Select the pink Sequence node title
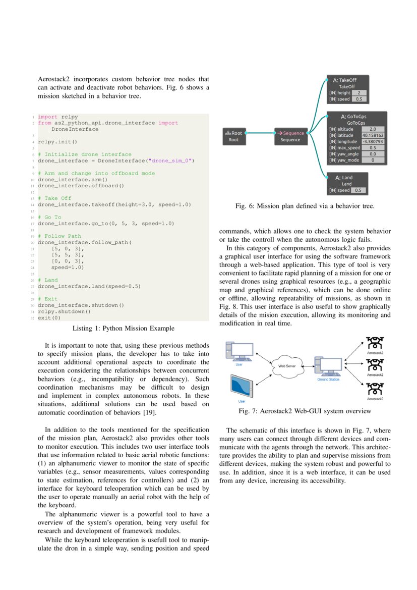tap(290, 133)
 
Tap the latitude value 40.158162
tap(373, 135)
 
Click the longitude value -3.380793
tap(373, 141)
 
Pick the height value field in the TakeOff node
tap(359, 93)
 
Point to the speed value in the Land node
tap(358, 190)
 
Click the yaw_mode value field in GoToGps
tap(373, 160)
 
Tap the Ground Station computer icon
tap(328, 366)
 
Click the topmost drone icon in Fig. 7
tap(374, 343)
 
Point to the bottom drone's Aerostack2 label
tap(375, 399)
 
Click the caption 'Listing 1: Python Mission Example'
tap(124, 329)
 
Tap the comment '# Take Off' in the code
tap(54, 198)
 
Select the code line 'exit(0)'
tap(49, 318)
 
